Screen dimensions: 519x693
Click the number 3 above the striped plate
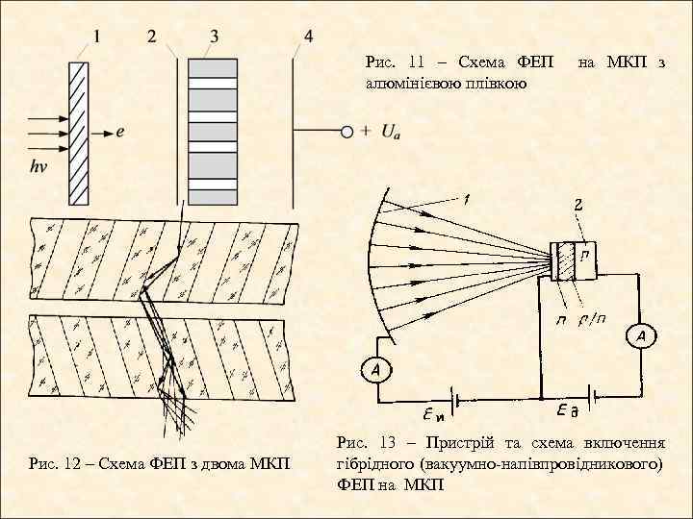(x=213, y=37)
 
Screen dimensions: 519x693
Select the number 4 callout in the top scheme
(x=307, y=37)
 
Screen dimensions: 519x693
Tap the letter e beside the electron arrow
(x=119, y=133)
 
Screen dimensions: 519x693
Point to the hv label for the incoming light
(x=38, y=166)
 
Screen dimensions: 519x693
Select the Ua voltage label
(x=391, y=132)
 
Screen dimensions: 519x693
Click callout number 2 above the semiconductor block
(x=577, y=205)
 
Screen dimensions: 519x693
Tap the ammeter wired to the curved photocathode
(x=376, y=368)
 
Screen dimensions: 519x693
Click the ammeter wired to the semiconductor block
(x=642, y=335)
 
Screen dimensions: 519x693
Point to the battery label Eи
(x=436, y=416)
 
